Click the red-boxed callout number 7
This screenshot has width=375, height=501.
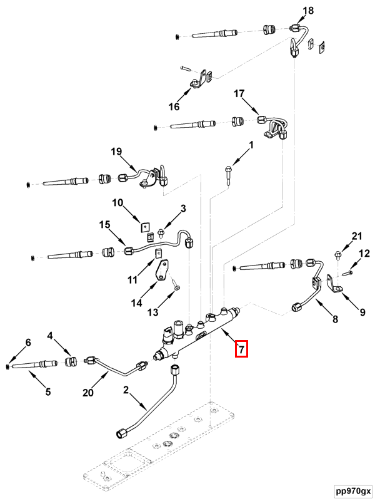click(241, 349)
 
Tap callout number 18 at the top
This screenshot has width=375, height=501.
click(308, 11)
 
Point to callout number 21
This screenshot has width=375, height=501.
click(356, 236)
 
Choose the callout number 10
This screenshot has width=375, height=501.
click(118, 203)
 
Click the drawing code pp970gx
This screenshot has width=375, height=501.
click(351, 490)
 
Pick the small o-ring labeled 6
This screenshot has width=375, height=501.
click(7, 364)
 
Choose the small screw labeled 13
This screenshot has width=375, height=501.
click(176, 287)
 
